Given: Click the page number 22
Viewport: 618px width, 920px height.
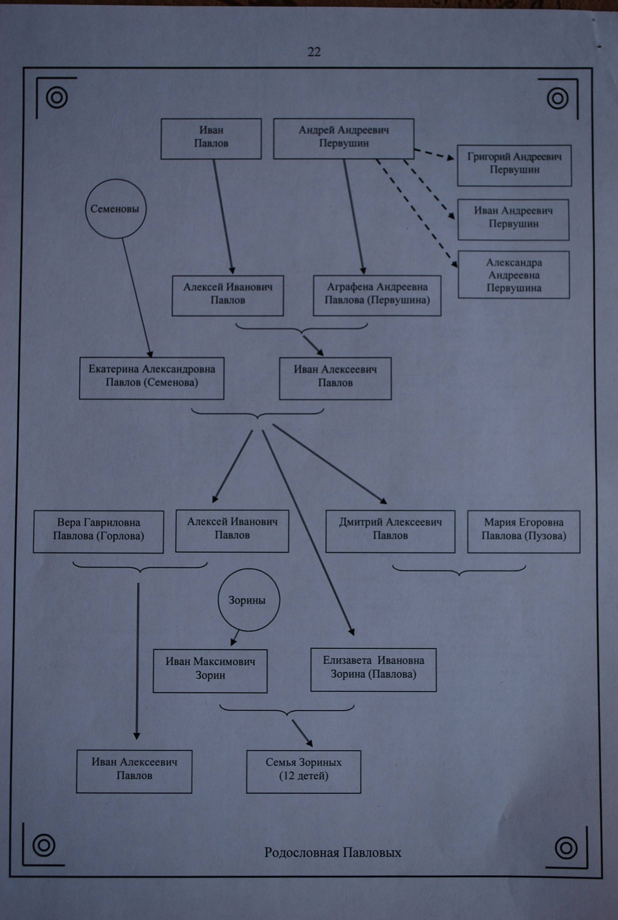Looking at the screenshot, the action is [314, 51].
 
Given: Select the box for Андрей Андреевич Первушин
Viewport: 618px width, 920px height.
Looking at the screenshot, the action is [344, 139].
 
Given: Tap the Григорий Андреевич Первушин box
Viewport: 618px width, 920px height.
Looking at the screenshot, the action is [514, 166].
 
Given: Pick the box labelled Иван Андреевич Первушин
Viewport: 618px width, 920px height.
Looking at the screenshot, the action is [513, 220].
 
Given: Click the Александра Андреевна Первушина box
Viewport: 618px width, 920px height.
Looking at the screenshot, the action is [513, 274].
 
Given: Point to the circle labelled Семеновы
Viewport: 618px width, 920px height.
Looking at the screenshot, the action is [115, 209].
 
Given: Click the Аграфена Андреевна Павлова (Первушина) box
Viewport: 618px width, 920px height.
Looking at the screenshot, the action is [377, 295].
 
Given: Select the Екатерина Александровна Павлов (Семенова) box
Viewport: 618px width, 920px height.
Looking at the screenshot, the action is [152, 378].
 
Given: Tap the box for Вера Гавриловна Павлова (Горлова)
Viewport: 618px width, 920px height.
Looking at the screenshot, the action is [98, 532].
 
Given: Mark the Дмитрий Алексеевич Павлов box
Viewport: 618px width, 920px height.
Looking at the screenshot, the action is [390, 531].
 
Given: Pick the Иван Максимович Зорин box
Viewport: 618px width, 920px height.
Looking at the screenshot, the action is [210, 671].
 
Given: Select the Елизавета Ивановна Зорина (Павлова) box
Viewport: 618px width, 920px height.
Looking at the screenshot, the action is [373, 670].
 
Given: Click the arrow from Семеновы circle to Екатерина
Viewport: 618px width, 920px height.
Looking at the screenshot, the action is [137, 298].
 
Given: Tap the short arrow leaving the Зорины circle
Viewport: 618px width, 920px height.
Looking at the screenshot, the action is [235, 637].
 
